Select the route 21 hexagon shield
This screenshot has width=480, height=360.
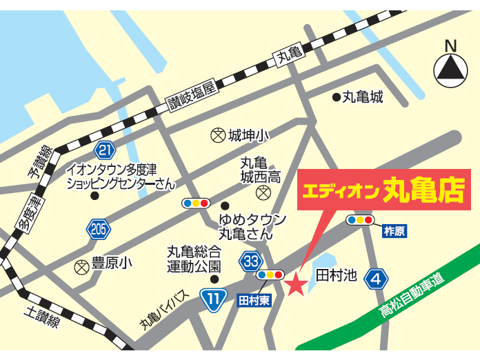tap(105, 150)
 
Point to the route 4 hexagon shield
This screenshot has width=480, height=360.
tap(375, 279)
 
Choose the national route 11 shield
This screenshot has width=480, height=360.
tap(214, 298)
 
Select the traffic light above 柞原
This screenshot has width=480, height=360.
tap(360, 220)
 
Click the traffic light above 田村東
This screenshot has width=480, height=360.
tap(269, 274)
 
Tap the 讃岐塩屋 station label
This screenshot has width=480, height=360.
tap(193, 95)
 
